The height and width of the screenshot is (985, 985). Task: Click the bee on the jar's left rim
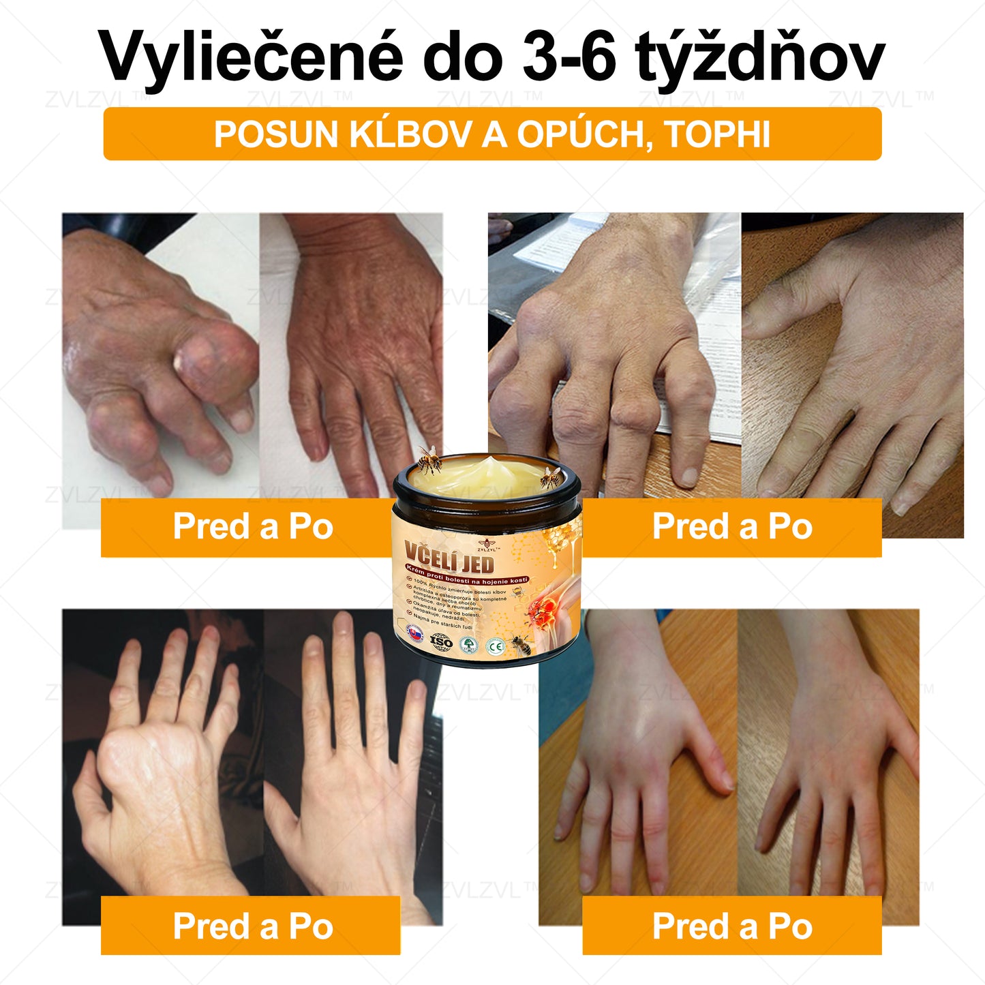[x=429, y=459]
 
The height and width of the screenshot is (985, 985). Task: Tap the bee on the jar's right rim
[x=551, y=477]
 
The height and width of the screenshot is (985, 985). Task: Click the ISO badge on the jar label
[x=441, y=641]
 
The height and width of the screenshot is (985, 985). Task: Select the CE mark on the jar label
[x=496, y=646]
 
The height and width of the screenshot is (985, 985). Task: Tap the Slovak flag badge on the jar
[x=414, y=633]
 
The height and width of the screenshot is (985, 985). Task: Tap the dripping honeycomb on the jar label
[x=559, y=538]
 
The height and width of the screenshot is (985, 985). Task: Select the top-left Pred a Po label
[x=252, y=527]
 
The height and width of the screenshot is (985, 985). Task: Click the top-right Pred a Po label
[x=732, y=527]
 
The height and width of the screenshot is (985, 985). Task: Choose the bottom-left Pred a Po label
[x=252, y=926]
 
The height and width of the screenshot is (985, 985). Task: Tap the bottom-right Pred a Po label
[x=732, y=926]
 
